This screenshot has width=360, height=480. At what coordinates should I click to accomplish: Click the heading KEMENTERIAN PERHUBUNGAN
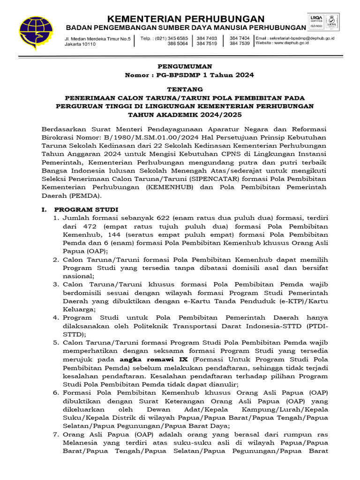[186, 19]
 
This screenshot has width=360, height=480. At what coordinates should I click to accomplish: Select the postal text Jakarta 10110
[80, 45]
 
